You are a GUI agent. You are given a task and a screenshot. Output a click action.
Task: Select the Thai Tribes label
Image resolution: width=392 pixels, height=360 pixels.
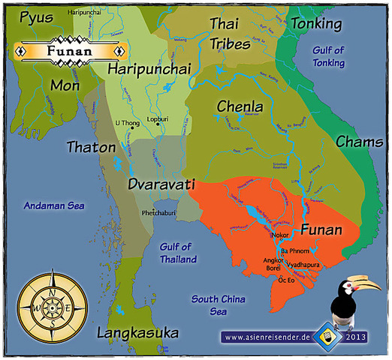coord(229,34)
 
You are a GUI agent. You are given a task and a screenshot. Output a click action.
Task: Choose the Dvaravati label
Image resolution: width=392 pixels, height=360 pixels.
coord(161,183)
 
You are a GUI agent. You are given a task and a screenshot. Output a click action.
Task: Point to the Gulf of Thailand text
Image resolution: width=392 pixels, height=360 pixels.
coord(178,253)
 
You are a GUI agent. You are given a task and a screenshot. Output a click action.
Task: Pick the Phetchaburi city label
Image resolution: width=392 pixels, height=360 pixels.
coord(158,214)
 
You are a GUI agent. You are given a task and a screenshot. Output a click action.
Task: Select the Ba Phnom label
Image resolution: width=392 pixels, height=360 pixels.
coord(294,250)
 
